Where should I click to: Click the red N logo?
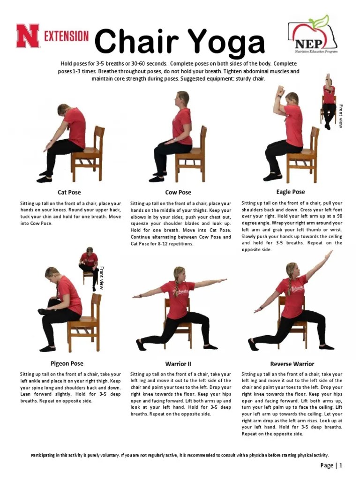pos(28,36)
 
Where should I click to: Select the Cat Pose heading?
pos(69,192)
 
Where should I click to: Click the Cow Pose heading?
pos(178,192)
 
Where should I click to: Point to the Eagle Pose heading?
pos(291,192)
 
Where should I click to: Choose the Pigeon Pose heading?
pos(67,363)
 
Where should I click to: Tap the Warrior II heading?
pos(178,364)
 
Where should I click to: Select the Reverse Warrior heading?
pos(292,364)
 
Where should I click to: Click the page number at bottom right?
pos(332,465)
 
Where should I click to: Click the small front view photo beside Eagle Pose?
pos(329,101)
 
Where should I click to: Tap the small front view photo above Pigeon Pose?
pos(89,267)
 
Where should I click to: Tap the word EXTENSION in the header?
pos(66,36)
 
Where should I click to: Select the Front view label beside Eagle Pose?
pos(341,116)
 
